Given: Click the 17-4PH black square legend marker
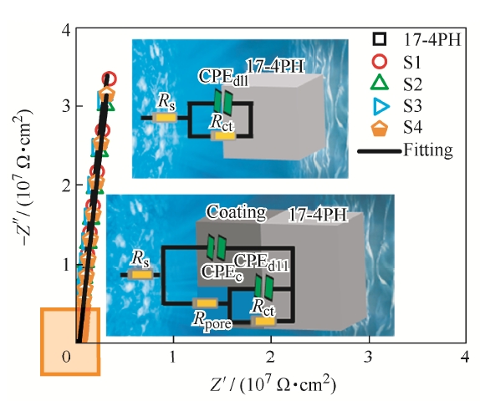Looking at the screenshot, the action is (380, 39).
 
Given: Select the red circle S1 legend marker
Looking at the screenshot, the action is (380, 61).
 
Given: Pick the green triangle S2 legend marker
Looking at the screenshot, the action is (380, 84).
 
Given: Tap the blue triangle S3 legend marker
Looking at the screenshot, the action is (381, 106).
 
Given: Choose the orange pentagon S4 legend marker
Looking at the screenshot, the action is (380, 129).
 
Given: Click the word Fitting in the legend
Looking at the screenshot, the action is (427, 150).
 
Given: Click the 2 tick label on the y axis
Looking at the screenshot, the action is (67, 185).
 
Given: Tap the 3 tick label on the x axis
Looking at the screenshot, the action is (368, 357).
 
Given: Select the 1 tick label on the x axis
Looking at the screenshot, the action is (172, 357).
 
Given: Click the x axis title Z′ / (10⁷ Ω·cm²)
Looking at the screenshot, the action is (273, 384).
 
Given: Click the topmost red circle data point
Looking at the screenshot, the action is (110, 79).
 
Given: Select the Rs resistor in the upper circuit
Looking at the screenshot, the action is (165, 118).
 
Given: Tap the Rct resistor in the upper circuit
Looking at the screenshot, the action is (223, 136).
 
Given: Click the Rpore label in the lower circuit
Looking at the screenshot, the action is (212, 320).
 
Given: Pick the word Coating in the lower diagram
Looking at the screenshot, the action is (237, 212).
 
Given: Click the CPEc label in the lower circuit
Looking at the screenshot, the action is (222, 272).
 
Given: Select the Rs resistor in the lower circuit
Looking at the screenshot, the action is (140, 274).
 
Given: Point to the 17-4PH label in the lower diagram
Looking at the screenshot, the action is (318, 215).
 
